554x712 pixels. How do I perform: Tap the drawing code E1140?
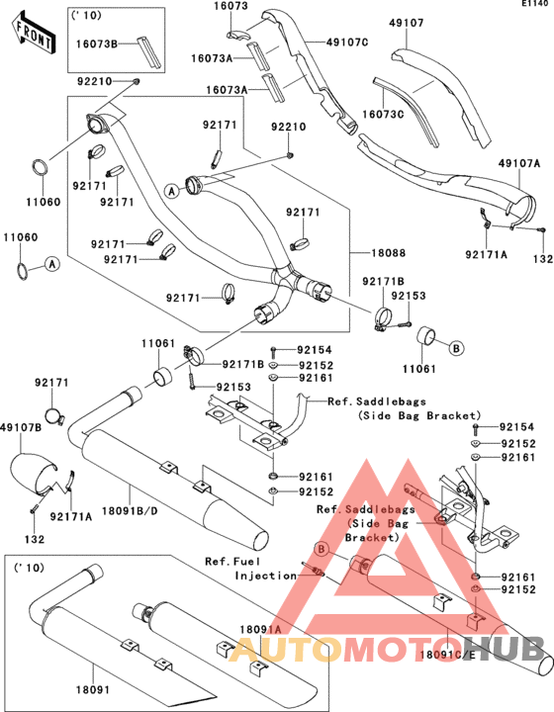click(534, 4)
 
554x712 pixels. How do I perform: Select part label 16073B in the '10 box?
click(96, 44)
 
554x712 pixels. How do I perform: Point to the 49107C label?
click(347, 43)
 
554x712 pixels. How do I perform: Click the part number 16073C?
click(383, 114)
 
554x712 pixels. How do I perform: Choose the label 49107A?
click(519, 163)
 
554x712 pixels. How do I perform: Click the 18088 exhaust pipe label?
click(389, 253)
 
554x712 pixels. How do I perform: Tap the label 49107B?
click(21, 427)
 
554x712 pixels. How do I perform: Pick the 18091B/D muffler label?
click(130, 511)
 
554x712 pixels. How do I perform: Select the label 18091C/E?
click(447, 655)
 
